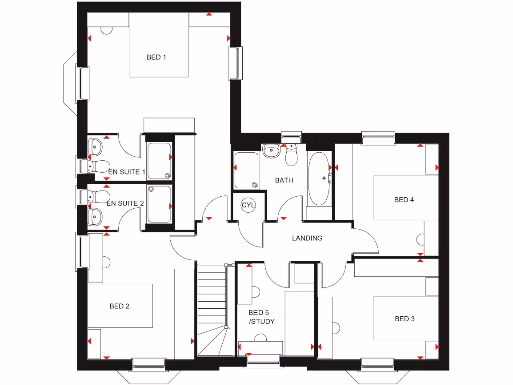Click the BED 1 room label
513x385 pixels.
pos(156,57)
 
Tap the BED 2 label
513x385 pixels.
pos(119,306)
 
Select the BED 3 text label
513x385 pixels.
pos(405,319)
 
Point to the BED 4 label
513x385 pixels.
pos(404,200)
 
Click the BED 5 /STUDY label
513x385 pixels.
pos(262,317)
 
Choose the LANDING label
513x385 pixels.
pos(307,238)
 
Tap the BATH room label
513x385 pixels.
pos(284,180)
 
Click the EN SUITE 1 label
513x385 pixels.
pos(126,172)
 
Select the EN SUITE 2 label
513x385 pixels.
pos(125,203)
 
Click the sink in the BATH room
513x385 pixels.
pos(271,150)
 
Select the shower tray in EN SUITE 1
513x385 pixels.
pos(159,161)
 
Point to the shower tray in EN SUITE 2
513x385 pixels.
pos(159,205)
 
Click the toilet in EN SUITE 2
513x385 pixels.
pos(101,195)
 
